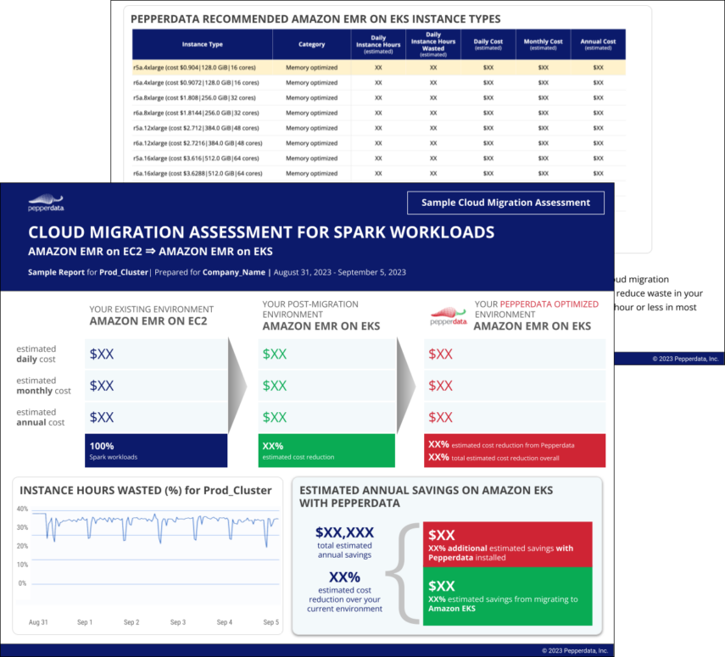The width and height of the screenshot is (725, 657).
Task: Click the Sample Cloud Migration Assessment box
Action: (505, 203)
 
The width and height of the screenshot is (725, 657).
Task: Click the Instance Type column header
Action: (202, 44)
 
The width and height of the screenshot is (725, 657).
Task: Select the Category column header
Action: (311, 44)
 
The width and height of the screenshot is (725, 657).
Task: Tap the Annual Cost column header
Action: (598, 44)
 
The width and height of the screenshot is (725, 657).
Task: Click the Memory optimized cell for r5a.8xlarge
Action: (311, 97)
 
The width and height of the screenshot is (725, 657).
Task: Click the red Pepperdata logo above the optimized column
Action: (449, 316)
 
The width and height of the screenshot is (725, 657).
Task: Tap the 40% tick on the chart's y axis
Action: (22, 509)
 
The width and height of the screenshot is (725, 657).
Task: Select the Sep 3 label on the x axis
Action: (177, 622)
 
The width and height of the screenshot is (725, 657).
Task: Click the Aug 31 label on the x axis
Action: (38, 622)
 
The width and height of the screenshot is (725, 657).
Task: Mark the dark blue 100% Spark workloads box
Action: (156, 450)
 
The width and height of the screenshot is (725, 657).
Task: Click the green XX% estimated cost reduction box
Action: (326, 450)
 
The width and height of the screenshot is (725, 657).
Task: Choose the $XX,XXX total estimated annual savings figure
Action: (344, 532)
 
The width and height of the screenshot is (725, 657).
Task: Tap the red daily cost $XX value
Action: (441, 354)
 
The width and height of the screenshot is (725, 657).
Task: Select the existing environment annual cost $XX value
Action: (102, 417)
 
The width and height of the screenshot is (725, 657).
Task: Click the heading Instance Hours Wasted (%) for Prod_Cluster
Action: (145, 490)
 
